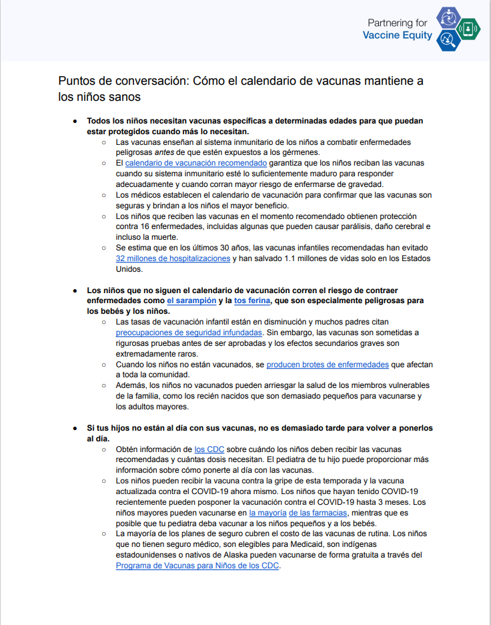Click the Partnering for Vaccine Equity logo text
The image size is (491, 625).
point(398,29)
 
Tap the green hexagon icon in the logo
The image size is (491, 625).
point(470,29)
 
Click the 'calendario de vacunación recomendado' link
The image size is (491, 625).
point(196,163)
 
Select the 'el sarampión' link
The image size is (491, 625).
point(191,301)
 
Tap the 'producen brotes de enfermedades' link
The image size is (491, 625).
point(328,365)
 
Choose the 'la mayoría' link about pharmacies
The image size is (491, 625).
point(267,512)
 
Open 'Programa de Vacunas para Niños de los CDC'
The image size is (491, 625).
point(197,566)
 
